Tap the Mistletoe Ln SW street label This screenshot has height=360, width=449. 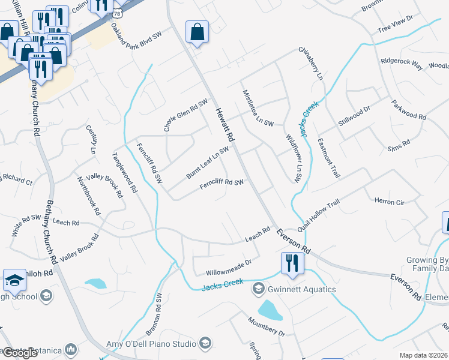258,108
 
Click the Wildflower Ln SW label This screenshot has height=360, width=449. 293,157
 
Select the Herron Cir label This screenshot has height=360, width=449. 389,202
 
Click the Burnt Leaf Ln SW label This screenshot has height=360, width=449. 207,162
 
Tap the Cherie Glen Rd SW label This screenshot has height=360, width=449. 185,115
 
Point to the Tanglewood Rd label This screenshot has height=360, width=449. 124,172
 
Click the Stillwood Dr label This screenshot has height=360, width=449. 355,114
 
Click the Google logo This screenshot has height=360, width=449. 20,353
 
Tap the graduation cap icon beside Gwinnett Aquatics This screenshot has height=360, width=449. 258,289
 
